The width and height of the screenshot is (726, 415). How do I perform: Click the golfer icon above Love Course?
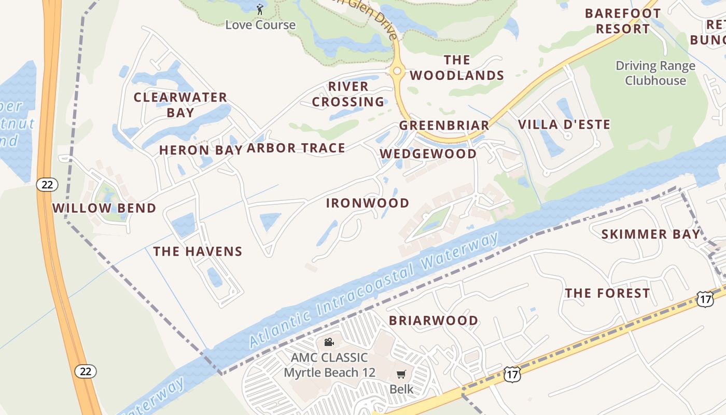(260, 9)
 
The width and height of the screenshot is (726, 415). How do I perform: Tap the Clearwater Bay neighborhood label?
(180, 105)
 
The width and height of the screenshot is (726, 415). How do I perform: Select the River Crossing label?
(348, 94)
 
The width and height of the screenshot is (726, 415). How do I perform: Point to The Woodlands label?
(457, 68)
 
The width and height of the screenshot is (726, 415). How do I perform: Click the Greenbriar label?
(444, 126)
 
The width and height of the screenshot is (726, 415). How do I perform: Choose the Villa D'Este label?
(564, 125)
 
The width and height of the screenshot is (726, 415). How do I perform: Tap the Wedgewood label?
(428, 154)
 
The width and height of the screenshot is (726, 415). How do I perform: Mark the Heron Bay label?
(201, 150)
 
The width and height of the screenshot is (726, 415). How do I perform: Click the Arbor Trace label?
(296, 148)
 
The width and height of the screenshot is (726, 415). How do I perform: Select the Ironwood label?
(368, 203)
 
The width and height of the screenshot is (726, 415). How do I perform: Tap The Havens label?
(198, 252)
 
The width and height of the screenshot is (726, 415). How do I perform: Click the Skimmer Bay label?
(651, 234)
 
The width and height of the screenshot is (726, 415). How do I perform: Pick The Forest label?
(607, 294)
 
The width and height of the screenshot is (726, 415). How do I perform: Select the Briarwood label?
(434, 321)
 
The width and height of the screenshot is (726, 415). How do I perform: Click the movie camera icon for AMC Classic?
(329, 342)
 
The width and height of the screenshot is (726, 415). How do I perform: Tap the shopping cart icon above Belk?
(401, 375)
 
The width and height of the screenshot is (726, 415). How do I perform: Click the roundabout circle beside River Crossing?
(397, 71)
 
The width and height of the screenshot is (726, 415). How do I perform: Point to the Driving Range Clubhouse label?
(655, 73)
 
